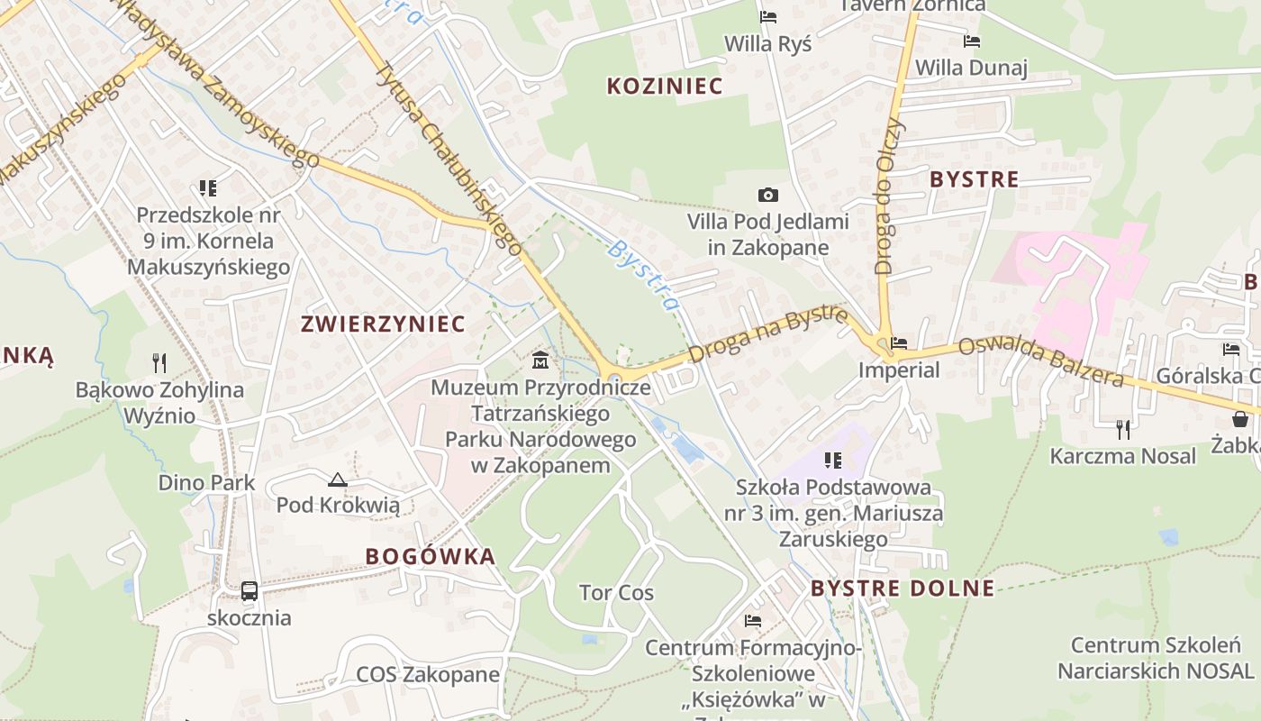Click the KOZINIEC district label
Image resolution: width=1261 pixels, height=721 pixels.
665,87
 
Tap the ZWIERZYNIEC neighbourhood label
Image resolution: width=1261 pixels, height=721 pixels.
384,324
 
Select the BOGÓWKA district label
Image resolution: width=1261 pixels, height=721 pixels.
431,556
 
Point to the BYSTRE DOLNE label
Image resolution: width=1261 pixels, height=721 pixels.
903,589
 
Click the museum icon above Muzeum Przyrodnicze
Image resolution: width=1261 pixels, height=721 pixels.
540,360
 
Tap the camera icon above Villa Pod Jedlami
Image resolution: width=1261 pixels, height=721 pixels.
768,195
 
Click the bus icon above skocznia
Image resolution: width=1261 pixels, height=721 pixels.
249,591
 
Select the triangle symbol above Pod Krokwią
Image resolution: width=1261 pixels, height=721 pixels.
338,479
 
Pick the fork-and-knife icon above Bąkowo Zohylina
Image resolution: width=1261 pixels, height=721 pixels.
159,363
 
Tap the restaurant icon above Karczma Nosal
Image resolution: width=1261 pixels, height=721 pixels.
1122,429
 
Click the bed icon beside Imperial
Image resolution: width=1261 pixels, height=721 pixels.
898,343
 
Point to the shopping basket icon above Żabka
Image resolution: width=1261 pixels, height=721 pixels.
1240,418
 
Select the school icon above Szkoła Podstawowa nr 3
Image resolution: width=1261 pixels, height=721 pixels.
833,461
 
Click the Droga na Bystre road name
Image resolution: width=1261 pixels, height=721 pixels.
768,333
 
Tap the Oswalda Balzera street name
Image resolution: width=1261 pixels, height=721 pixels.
1041,361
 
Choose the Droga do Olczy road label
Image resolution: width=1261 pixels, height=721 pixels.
889,196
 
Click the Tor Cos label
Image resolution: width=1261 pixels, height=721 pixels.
616,593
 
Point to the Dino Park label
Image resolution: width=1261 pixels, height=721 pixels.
206,482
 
